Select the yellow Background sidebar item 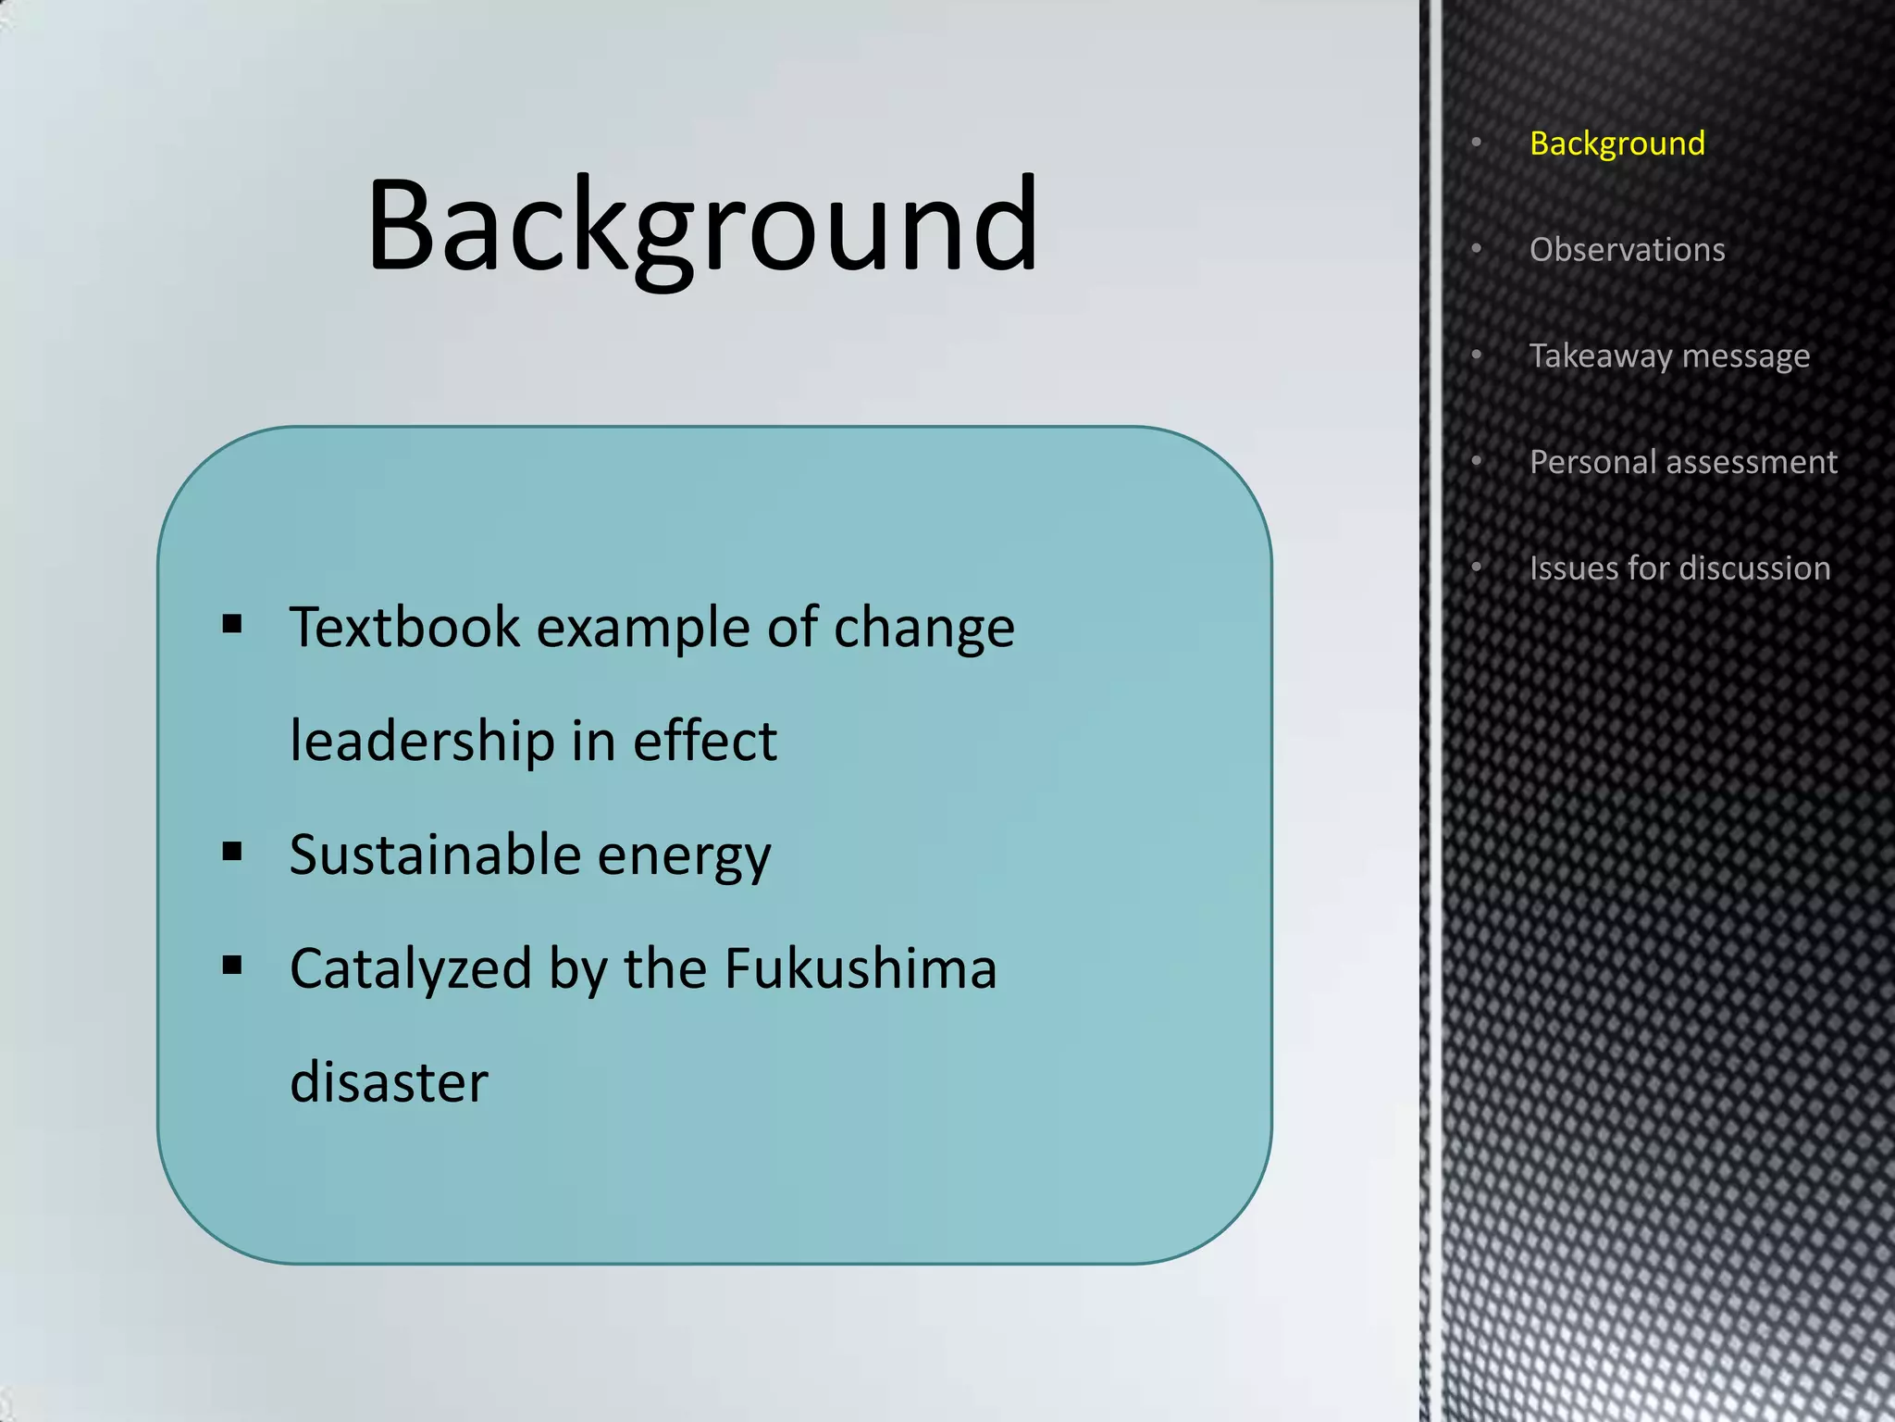(x=1616, y=143)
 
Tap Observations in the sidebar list (x=1627, y=250)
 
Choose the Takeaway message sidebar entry (x=1668, y=356)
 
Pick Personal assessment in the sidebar (x=1682, y=462)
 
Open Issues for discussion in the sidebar (x=1679, y=568)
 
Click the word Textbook (x=404, y=627)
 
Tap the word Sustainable (x=435, y=854)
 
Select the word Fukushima (x=861, y=968)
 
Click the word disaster (x=389, y=1082)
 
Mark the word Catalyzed (x=410, y=970)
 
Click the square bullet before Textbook (x=232, y=624)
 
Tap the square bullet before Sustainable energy (x=232, y=852)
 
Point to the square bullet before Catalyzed (x=232, y=966)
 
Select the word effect (x=704, y=741)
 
